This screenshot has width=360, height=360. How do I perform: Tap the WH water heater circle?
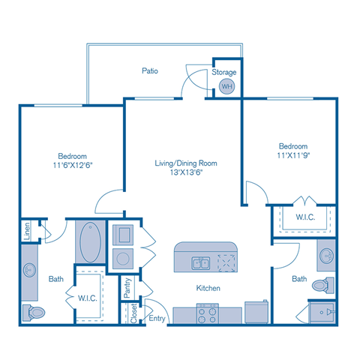tap(226, 87)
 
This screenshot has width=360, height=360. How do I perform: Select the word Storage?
tap(224, 73)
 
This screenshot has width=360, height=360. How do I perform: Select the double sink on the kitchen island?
tap(199, 262)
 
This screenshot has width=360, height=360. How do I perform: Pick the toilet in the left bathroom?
tap(34, 311)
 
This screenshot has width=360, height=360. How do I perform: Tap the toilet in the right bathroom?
tap(322, 286)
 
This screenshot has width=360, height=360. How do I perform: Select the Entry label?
tap(157, 319)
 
